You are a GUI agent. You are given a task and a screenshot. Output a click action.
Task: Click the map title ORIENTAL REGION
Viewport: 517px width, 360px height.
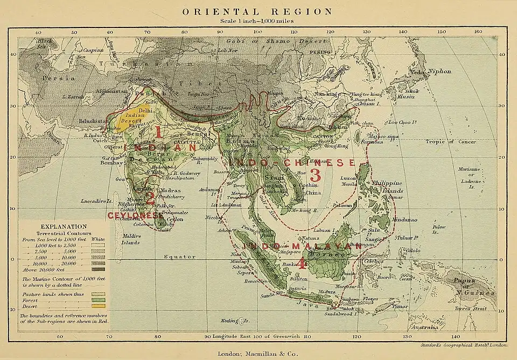click(258, 11)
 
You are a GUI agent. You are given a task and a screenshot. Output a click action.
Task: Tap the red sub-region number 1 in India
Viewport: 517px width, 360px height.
click(158, 131)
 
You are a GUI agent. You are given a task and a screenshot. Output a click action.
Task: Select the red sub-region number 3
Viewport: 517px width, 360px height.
click(315, 175)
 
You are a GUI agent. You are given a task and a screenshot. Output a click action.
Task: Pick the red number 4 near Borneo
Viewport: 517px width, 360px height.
click(302, 263)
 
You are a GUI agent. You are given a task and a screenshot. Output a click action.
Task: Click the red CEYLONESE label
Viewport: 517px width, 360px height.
click(132, 215)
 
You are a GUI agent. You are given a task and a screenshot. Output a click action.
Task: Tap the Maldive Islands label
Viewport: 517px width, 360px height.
click(130, 239)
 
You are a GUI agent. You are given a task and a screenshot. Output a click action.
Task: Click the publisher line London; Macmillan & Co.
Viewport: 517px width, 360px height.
click(258, 354)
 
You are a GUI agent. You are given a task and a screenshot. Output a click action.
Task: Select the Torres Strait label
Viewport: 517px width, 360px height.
click(471, 308)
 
